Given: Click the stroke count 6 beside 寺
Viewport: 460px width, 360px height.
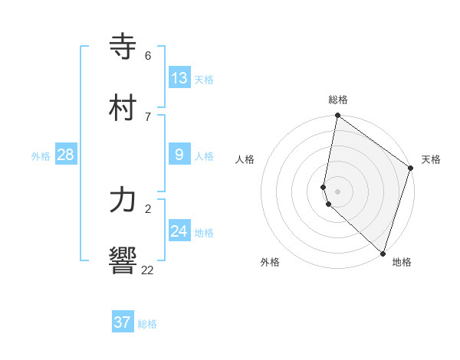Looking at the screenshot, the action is (148, 56).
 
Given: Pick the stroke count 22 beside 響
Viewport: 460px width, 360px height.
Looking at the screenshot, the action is (148, 270).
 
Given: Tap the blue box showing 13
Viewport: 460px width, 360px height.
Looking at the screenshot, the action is (179, 78).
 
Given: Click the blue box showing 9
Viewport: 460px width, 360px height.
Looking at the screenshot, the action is (179, 155).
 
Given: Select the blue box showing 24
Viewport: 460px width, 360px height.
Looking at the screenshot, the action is (179, 231).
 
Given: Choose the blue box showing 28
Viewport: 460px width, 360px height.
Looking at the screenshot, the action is (66, 155).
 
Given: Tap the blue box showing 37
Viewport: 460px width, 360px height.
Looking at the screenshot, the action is (123, 322).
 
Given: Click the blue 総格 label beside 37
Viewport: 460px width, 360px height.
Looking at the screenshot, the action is (147, 324).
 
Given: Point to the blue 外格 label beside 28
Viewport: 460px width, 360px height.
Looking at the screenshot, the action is (41, 156).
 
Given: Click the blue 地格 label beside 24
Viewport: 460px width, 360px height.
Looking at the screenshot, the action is (204, 233).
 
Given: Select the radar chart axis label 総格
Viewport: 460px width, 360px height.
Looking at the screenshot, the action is (338, 100).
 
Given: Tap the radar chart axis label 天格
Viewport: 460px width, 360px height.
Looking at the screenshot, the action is (432, 159).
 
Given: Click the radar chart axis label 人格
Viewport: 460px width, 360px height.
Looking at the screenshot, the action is (245, 159).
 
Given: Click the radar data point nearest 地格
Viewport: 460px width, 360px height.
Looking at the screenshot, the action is (383, 253).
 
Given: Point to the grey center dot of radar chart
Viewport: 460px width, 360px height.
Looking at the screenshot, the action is (338, 191).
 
